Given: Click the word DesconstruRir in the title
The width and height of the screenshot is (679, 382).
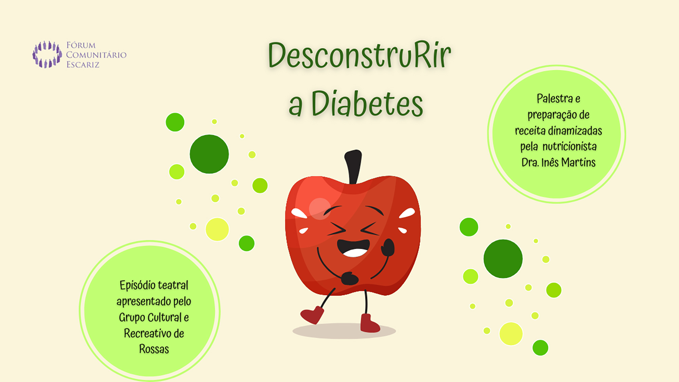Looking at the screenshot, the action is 359,55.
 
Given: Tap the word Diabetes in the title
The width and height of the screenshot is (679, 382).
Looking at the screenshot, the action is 367,103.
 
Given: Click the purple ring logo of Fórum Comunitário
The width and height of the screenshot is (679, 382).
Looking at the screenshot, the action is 47,54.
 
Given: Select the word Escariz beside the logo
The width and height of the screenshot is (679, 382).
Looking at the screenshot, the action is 83,65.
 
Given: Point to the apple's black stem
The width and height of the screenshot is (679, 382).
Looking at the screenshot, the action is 353,166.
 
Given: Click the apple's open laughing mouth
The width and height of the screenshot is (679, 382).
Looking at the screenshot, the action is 353,248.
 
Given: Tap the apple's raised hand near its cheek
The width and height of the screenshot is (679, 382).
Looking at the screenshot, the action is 388,247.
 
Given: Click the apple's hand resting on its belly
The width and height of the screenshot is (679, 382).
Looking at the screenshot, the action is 349,278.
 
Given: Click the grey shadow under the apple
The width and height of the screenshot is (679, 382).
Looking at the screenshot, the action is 344,331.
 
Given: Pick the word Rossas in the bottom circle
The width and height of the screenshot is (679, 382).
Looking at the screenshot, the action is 154,349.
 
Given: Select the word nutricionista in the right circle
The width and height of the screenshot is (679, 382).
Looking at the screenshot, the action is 569,146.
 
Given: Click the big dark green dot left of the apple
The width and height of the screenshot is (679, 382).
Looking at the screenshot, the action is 209,154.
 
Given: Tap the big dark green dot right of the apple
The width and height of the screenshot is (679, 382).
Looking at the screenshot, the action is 503,259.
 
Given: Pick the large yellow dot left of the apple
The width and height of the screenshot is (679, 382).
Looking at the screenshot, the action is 217,229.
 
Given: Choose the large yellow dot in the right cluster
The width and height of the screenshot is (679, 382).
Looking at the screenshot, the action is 511,334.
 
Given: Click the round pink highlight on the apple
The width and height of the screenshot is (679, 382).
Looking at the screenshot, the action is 320,208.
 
